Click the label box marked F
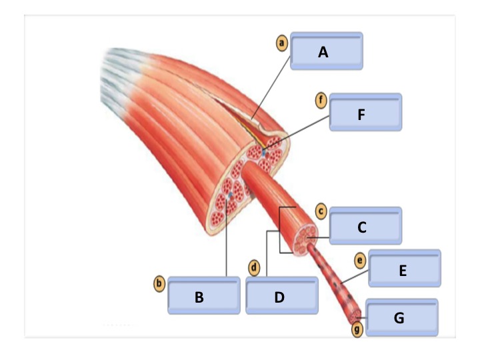pyautogui.click(x=365, y=112)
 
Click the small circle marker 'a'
pyautogui.click(x=282, y=43)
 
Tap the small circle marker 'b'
pyautogui.click(x=159, y=284)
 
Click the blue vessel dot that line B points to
pyautogui.click(x=229, y=195)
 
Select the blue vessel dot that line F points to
pyautogui.click(x=264, y=153)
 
